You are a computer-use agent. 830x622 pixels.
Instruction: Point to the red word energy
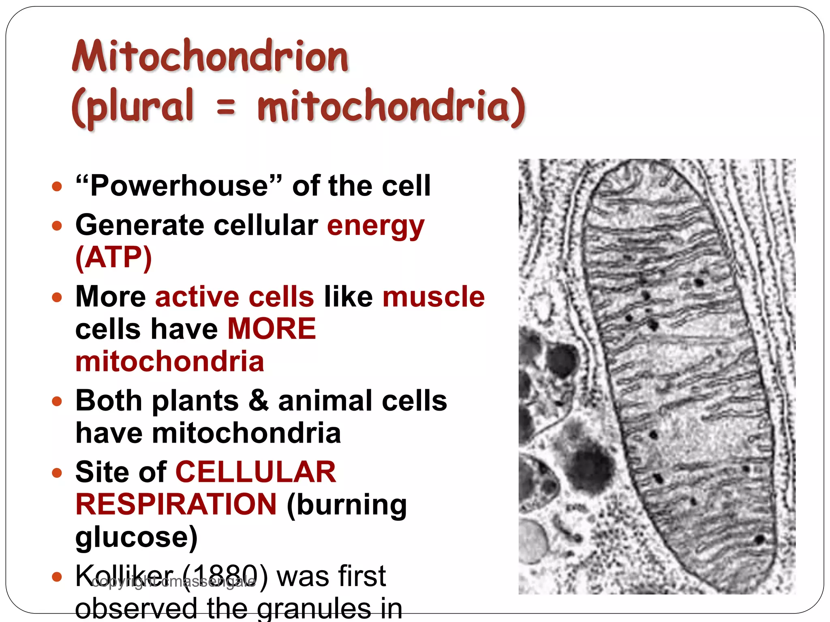click(x=376, y=226)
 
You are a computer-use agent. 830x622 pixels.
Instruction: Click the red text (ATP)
click(x=114, y=257)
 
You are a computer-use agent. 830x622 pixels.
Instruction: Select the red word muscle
click(x=434, y=296)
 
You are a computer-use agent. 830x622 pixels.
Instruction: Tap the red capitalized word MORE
click(x=272, y=328)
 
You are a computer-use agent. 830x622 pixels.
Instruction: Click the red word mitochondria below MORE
click(x=170, y=361)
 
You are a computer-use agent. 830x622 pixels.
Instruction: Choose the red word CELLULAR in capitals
click(x=256, y=472)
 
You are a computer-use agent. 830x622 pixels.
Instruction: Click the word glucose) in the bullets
click(x=137, y=537)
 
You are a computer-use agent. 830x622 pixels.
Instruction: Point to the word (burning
click(x=347, y=505)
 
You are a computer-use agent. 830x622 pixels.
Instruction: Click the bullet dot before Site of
click(x=57, y=473)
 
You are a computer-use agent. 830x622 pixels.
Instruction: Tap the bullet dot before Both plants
click(x=57, y=401)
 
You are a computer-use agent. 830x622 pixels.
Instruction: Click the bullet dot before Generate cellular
click(x=57, y=226)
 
